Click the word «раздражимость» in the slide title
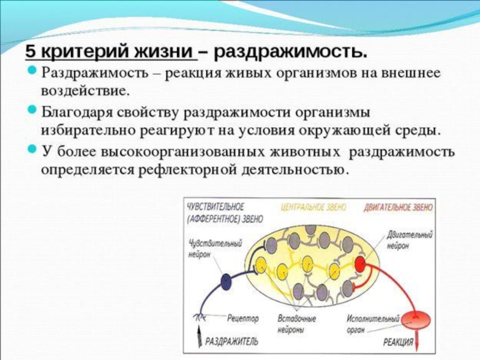290,52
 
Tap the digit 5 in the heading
29,52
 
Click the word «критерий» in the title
70,52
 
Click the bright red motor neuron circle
361,264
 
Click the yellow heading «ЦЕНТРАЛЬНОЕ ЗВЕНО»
313,206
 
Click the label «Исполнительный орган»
371,323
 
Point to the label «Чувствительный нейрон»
206,249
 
